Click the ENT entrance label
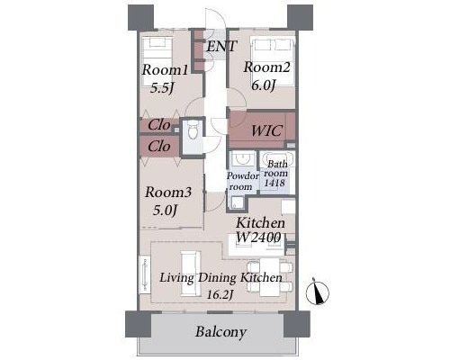point(221,47)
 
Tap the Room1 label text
point(165,70)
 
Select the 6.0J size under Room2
point(263,85)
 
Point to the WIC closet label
point(266,130)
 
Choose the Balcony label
point(220,332)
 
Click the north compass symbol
point(318,292)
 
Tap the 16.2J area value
point(220,295)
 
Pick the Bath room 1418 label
point(275,174)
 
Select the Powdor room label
point(242,181)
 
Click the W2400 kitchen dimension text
point(258,238)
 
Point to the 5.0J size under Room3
point(164,211)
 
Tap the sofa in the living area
point(191,274)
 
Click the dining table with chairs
point(269,276)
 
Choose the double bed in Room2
point(273,61)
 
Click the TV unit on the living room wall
point(145,274)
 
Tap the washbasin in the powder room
point(243,158)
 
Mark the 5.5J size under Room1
point(162,88)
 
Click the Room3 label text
point(167,193)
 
